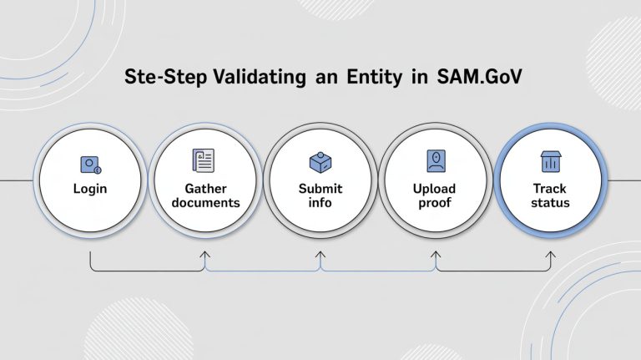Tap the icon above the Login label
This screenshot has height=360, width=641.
pos(90,165)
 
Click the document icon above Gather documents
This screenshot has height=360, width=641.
pos(204,160)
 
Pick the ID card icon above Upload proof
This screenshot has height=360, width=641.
pos(435,160)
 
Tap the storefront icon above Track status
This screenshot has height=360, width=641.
pos(550,161)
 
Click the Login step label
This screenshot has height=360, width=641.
pos(90,189)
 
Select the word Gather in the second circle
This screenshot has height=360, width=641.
pos(205,189)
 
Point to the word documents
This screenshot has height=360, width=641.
pos(205,203)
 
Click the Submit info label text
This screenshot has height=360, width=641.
pos(320,195)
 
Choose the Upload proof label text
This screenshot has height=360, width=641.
pos(435,195)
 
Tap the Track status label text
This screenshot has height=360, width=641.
pos(550,195)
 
